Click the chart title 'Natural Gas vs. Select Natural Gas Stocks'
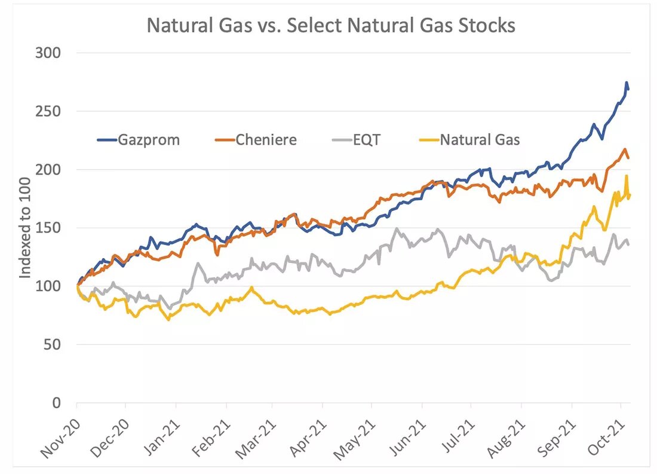tap(331, 26)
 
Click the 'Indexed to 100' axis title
tap(25, 228)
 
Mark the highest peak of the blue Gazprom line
tap(626, 82)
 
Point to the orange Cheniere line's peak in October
tap(624, 149)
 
